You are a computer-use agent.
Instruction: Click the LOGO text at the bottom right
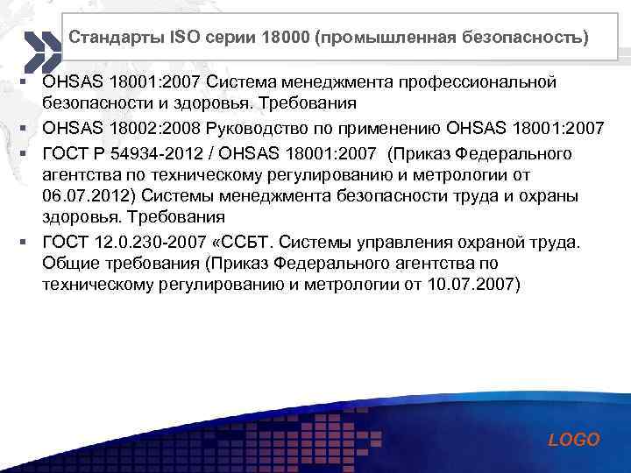(574, 440)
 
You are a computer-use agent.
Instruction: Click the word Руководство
(260, 130)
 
